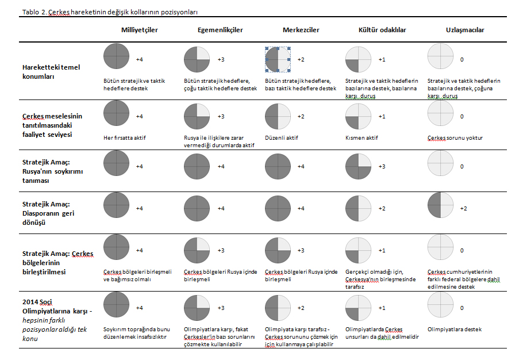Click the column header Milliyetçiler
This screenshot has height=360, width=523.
[140, 30]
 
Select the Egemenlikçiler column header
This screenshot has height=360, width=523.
[220, 30]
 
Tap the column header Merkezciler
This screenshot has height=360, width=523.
[301, 30]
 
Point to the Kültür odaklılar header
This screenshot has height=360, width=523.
[382, 30]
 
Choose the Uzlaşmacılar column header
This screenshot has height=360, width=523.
[465, 30]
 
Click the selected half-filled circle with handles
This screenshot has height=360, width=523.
[278, 60]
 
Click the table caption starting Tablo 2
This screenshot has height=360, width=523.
[110, 12]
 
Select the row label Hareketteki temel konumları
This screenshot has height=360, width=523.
[51, 72]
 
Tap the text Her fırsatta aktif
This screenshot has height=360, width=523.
[124, 138]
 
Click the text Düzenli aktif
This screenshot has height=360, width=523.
[282, 138]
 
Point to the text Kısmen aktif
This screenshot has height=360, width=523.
[362, 138]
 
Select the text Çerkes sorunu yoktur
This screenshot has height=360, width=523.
[455, 138]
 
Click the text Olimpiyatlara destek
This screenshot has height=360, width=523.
[455, 330]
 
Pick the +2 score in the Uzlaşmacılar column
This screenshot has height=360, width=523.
[464, 209]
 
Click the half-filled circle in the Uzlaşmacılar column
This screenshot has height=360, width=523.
[440, 205]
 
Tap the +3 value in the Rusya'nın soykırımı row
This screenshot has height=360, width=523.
[382, 167]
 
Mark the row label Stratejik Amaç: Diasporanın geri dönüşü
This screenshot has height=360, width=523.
[48, 213]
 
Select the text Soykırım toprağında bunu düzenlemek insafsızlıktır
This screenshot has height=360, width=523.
[136, 333]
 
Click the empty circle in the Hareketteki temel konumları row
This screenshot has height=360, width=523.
[440, 56]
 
